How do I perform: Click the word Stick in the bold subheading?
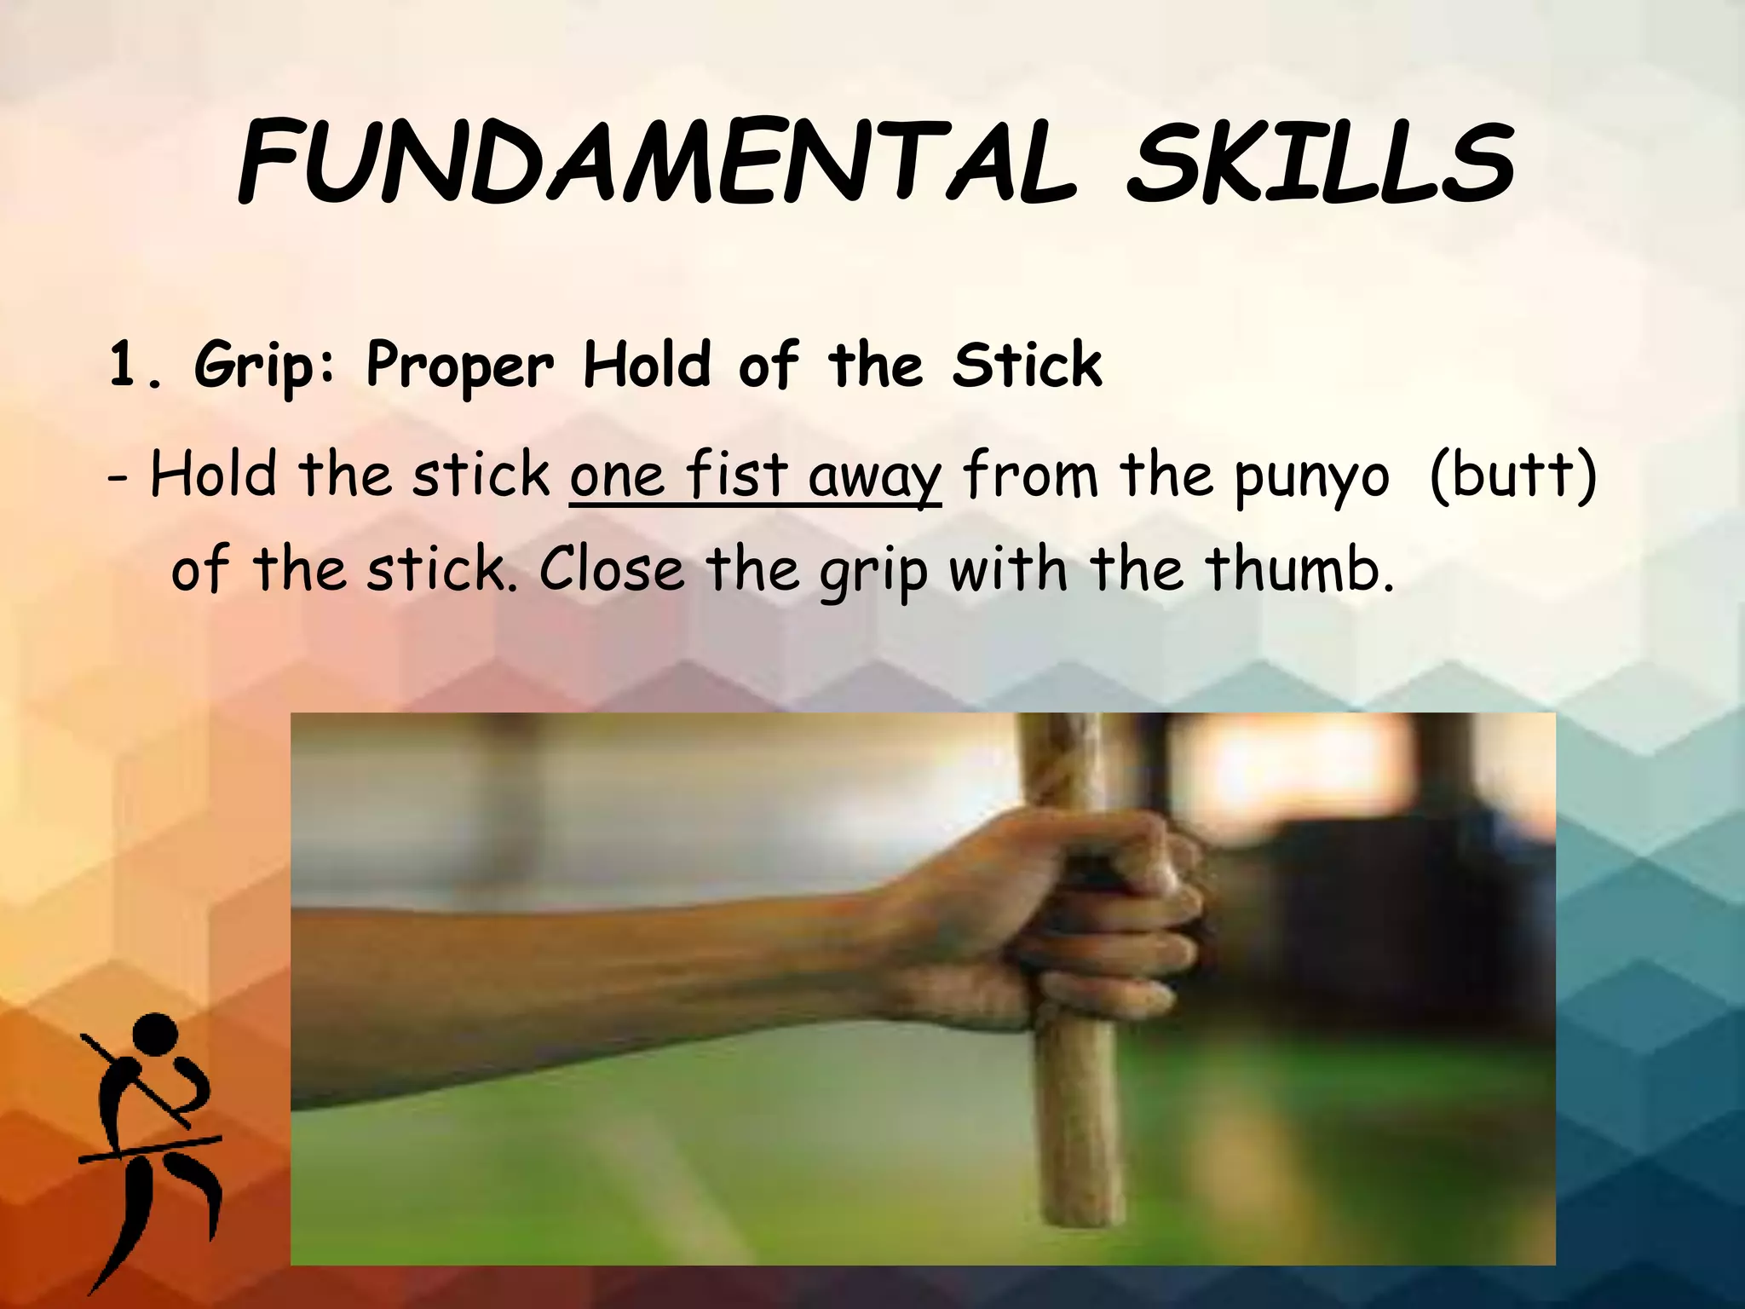click(x=1028, y=366)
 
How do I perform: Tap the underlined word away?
click(x=874, y=477)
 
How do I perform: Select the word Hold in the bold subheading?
click(x=647, y=366)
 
